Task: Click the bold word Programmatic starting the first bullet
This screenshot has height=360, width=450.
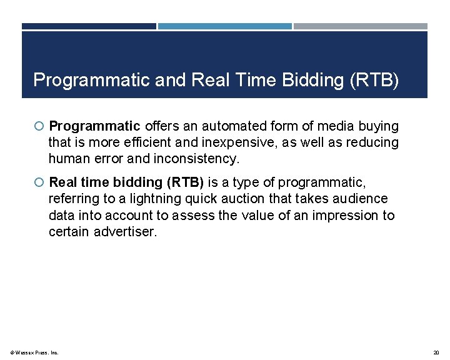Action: (94, 126)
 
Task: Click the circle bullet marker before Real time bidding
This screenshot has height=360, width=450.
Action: (39, 182)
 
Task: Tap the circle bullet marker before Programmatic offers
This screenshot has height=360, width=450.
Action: (39, 126)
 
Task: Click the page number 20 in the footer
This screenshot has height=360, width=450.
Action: (436, 352)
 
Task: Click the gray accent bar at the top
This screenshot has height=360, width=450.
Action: (361, 26)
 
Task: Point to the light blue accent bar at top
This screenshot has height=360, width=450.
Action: (225, 26)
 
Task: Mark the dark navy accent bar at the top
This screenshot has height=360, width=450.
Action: (89, 26)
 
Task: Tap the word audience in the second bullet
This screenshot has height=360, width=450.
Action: (363, 199)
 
